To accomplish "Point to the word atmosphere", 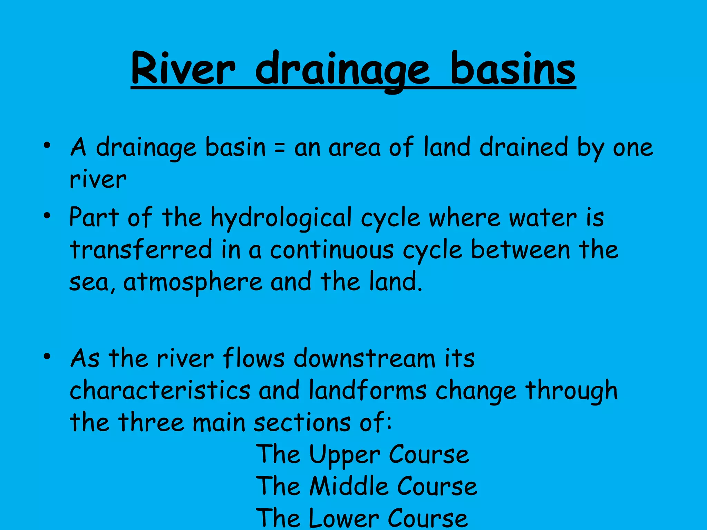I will coord(193,282).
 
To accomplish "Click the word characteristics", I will coord(160,391).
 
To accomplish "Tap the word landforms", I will coord(368,391).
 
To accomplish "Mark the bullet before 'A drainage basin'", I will coord(47,146).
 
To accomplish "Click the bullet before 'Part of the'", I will coord(47,216).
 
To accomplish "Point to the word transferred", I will coord(141,250).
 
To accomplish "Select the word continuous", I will coord(331,251).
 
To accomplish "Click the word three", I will coord(151,422).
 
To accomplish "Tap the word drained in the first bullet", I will coord(524,148).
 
